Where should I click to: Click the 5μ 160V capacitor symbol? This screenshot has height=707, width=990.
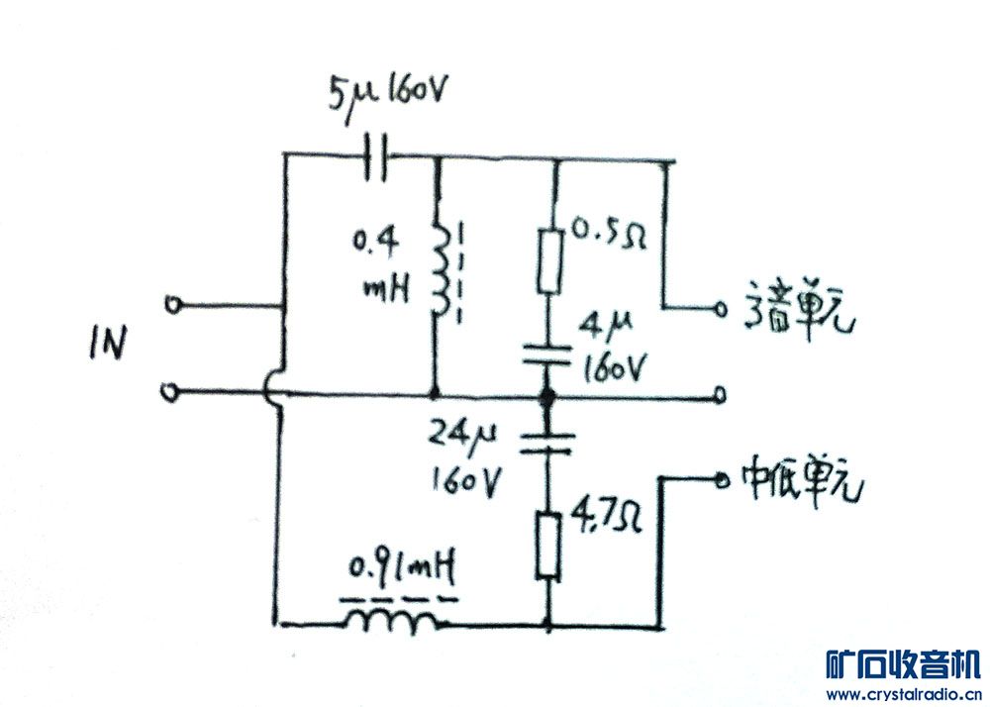click(x=375, y=156)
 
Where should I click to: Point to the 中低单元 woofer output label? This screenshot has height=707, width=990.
click(x=804, y=479)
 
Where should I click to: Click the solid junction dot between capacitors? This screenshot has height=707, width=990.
click(x=544, y=397)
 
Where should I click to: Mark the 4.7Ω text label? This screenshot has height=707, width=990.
click(x=600, y=517)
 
